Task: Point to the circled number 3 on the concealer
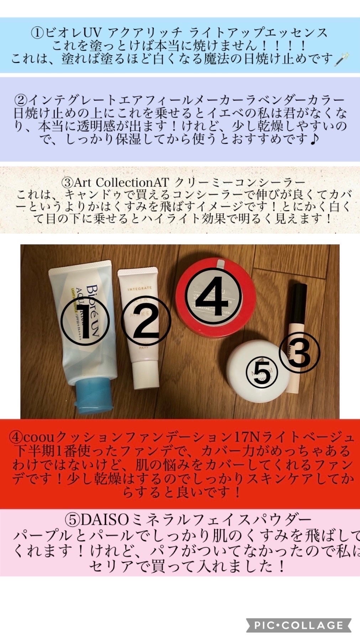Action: pos(299,353)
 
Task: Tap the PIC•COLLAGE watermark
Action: pos(299,625)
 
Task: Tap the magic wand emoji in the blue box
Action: pos(342,58)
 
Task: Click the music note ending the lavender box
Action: pos(313,140)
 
